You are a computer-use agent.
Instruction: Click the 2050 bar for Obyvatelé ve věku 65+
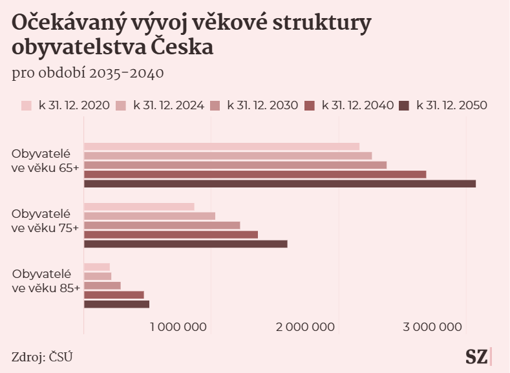point(279,184)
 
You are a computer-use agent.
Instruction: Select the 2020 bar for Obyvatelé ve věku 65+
point(221,147)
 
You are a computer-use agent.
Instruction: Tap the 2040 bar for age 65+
point(255,175)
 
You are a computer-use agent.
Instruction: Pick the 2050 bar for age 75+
point(185,244)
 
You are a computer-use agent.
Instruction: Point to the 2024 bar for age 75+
point(149,216)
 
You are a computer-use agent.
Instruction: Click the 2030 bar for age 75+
point(162,225)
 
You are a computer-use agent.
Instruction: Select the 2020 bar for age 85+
point(97,267)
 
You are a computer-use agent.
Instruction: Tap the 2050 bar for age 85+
point(116,304)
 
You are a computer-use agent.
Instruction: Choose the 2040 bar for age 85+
point(114,295)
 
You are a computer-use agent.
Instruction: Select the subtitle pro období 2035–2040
point(87,72)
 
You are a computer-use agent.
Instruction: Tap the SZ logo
point(478,356)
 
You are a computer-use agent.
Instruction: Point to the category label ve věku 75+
point(45,227)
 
